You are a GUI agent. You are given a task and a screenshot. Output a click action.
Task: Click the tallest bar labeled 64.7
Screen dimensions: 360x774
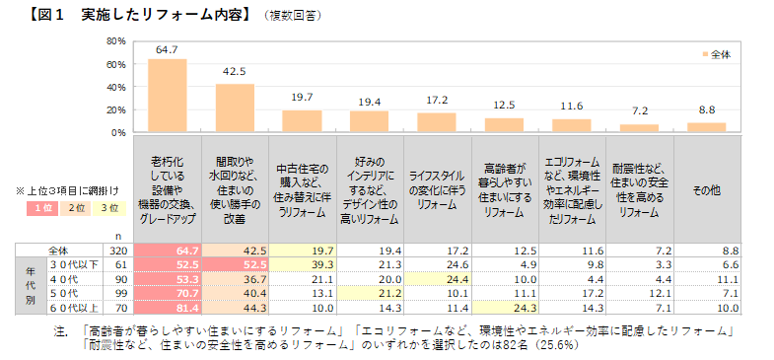tap(167, 95)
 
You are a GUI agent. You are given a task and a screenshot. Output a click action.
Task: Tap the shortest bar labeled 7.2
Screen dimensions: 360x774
tap(639, 127)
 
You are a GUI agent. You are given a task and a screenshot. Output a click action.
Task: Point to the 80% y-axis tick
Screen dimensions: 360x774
tap(114, 41)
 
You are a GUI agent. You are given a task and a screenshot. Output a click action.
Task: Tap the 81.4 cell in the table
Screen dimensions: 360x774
tap(167, 307)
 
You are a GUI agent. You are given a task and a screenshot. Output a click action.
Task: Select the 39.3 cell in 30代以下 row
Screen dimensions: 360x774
tap(302, 265)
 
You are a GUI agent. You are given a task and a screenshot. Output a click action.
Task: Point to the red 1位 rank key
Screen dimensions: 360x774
tap(43, 207)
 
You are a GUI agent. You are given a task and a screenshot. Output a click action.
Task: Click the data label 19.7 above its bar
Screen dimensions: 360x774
tap(302, 98)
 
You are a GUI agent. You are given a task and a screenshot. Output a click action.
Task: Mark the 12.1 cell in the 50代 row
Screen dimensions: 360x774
tap(639, 293)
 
